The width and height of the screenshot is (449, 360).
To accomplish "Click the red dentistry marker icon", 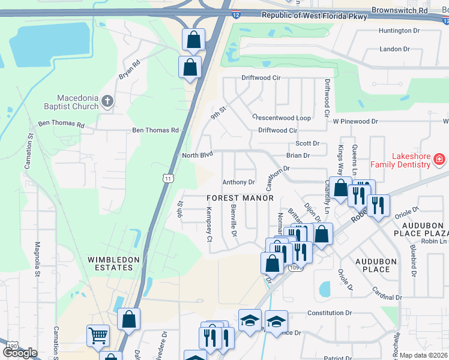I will point(439,159).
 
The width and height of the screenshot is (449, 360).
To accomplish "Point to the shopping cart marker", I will point(98,336).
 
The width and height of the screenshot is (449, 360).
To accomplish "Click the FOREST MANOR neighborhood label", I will point(240,198).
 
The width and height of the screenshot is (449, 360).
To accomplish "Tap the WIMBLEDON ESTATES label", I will point(114,263).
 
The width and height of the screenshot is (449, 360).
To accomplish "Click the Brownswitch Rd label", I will point(399,10).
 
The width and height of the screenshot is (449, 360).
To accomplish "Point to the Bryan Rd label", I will point(129,68).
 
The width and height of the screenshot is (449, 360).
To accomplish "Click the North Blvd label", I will point(197,155).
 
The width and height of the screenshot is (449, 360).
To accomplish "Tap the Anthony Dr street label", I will point(239,182).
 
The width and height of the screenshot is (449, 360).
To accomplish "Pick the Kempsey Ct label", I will point(209,225).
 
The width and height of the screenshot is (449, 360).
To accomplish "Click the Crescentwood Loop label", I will point(282,118).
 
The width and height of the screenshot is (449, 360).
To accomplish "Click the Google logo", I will point(20,352).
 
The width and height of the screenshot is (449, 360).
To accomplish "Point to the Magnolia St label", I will point(37,256).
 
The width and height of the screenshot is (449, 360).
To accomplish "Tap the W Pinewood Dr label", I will point(355,121).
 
